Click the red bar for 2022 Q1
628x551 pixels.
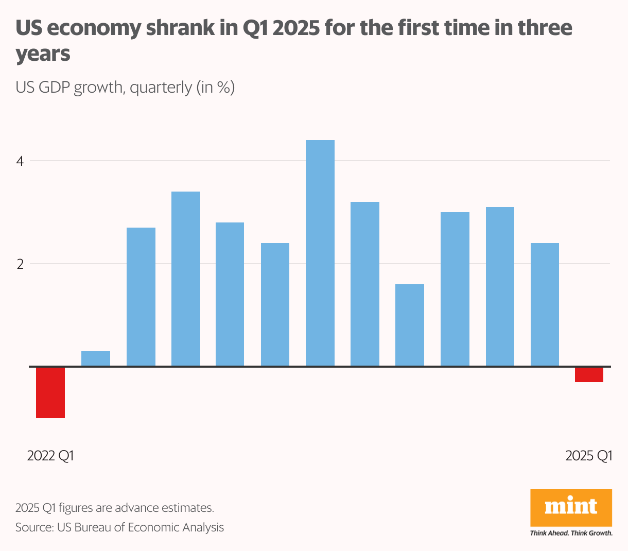coord(50,392)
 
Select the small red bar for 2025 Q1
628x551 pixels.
coord(589,374)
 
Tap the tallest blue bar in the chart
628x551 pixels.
coord(320,253)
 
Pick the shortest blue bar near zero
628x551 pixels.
coord(96,358)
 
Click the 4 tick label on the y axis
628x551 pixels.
coord(20,161)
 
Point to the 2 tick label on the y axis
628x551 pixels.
coord(20,264)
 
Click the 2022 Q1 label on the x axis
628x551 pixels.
coord(50,456)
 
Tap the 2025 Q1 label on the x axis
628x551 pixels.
coord(589,456)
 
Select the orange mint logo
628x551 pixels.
coord(571,507)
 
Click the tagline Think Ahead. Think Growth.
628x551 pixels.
coord(571,533)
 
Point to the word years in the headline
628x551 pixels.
coord(43,54)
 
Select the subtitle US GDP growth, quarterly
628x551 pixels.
coord(125,87)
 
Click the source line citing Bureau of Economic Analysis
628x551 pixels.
coord(119,527)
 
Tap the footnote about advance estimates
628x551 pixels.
coord(114,508)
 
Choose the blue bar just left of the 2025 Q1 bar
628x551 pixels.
coord(545,304)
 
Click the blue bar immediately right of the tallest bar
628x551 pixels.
coord(365,284)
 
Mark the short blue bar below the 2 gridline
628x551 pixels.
coord(410,325)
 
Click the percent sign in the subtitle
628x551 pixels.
coord(222,87)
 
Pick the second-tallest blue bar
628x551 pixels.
coord(186,279)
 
